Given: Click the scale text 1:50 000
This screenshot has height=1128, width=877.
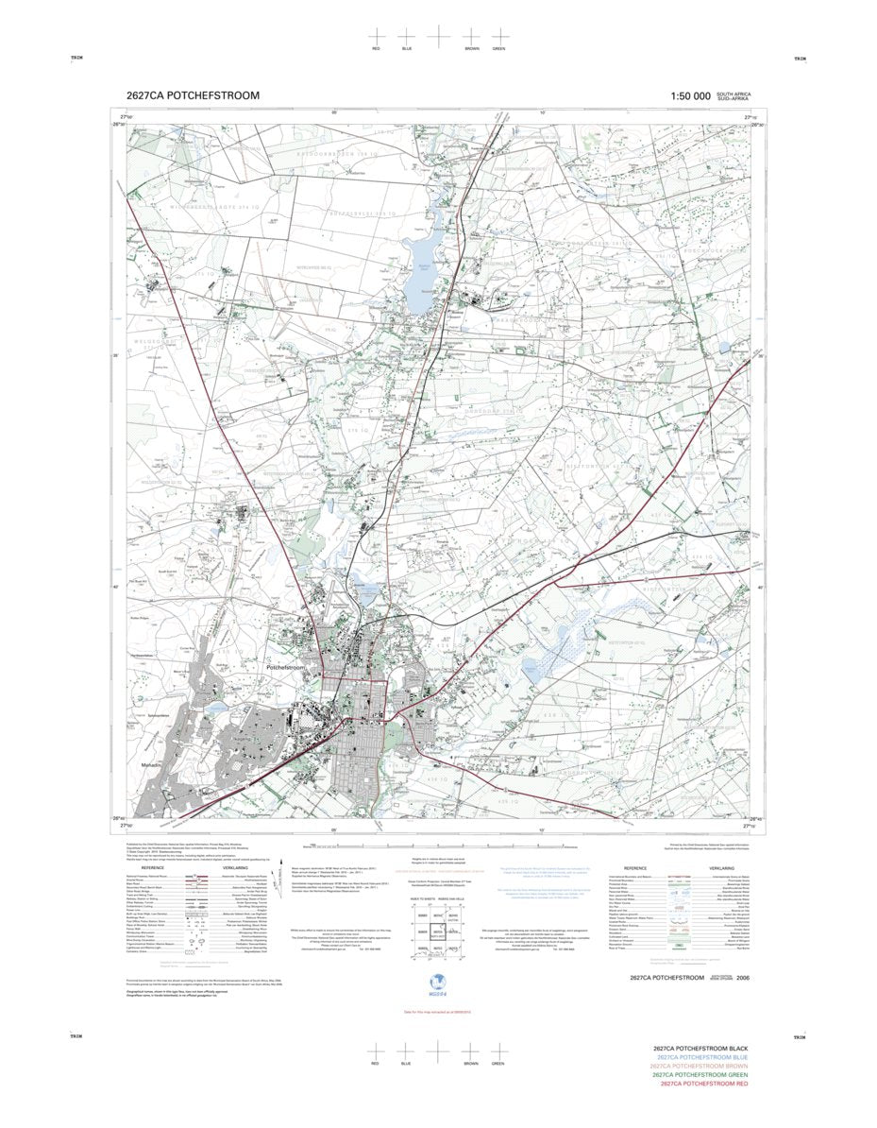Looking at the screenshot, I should pos(690,95).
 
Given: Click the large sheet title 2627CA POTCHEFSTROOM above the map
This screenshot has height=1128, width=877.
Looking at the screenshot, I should pos(193,95).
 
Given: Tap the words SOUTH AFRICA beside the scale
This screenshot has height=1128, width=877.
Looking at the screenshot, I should pos(733,94).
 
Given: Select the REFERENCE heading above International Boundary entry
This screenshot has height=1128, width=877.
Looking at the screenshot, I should pos(634,867).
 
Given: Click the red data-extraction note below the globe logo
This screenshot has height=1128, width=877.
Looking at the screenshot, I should pos(438,1012).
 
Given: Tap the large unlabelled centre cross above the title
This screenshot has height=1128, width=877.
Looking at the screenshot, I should pos(438,35).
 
